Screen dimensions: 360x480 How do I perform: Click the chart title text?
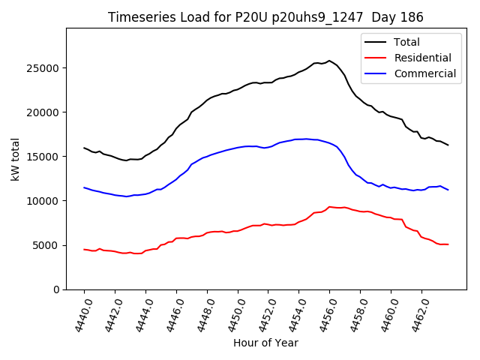point(265,17)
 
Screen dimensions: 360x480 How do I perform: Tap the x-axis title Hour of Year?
point(265,343)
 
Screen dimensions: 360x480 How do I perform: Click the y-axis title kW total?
point(16,158)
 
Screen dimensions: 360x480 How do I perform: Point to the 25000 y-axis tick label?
point(45,68)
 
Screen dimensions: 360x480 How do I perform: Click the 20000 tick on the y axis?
point(45,112)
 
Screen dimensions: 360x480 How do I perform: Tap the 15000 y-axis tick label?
point(45,157)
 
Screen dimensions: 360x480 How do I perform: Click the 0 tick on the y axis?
point(57,289)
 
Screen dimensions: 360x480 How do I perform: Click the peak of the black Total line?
point(329,61)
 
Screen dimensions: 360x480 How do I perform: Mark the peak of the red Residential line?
point(329,207)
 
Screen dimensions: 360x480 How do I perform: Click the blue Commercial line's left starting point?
point(84,187)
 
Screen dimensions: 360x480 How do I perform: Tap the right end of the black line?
point(448,145)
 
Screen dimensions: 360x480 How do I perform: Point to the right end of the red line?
point(448,244)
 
